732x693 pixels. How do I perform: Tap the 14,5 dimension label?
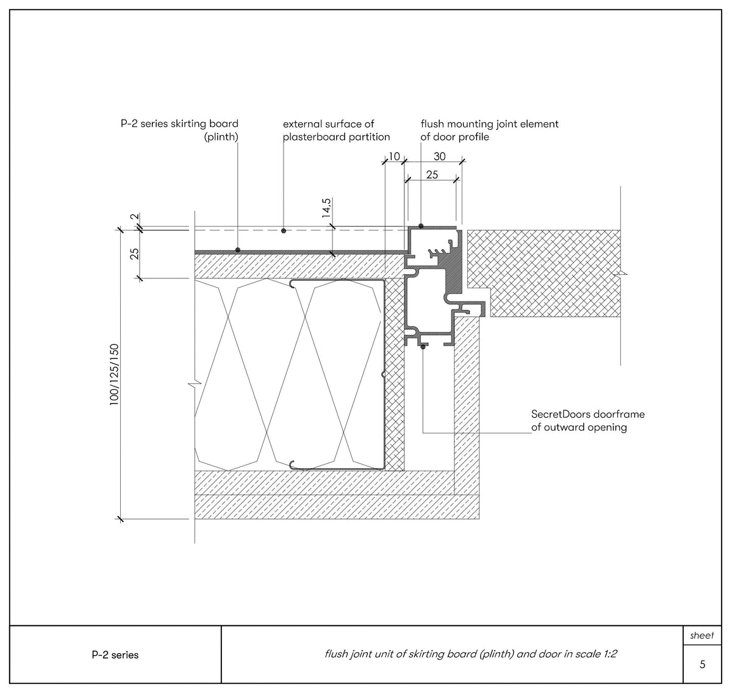[326, 208]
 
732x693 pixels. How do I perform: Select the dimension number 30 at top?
[439, 157]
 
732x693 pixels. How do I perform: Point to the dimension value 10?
[394, 157]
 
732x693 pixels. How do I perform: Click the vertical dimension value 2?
[134, 217]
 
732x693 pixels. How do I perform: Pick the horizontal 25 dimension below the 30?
[432, 175]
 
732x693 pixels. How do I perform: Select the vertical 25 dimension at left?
[134, 253]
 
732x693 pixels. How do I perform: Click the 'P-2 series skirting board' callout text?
[179, 131]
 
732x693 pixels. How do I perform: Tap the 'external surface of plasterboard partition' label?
[336, 131]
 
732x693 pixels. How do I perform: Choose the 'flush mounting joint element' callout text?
[489, 131]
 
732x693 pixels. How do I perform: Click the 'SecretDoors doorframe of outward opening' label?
[587, 421]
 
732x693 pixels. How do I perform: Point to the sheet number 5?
[702, 664]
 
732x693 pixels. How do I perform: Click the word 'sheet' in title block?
[701, 636]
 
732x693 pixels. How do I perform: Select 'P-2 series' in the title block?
[115, 655]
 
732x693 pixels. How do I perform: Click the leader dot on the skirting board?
[237, 250]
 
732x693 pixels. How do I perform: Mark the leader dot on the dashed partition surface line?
[283, 231]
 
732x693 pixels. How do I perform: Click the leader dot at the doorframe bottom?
[423, 347]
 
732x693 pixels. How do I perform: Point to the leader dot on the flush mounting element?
[421, 227]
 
